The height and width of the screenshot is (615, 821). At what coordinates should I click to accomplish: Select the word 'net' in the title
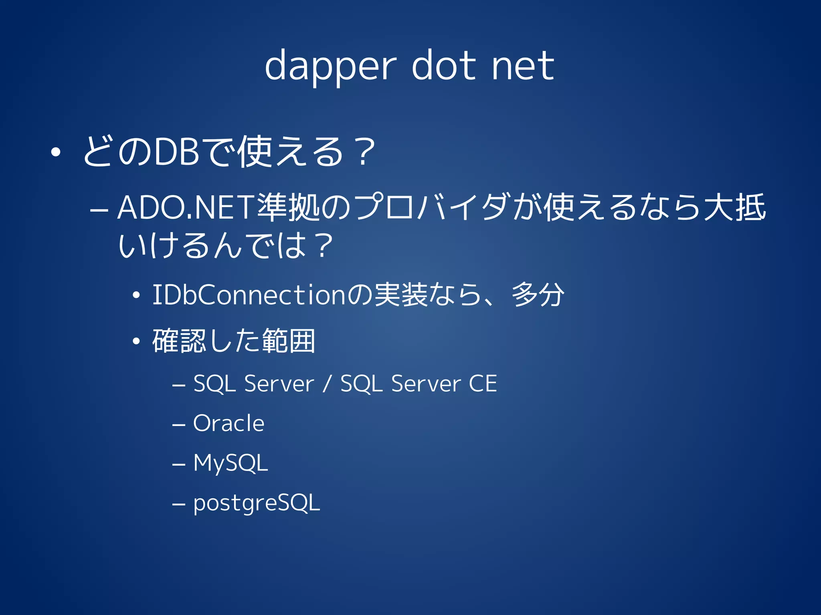[523, 66]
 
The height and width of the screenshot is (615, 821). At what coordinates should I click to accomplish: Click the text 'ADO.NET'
[186, 208]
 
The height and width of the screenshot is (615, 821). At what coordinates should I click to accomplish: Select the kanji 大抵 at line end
[734, 207]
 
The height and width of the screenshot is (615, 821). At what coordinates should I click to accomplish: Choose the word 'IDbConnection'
[249, 295]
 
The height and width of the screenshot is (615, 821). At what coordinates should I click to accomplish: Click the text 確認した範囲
[234, 341]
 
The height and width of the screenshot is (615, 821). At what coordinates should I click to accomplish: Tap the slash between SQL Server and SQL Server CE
[327, 384]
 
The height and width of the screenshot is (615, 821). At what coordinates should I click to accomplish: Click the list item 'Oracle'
[229, 423]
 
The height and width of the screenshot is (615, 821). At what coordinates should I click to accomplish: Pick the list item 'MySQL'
[231, 463]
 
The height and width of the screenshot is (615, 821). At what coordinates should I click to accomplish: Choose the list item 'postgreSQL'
[257, 503]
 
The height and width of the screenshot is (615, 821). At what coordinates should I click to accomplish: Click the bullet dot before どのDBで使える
[56, 152]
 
